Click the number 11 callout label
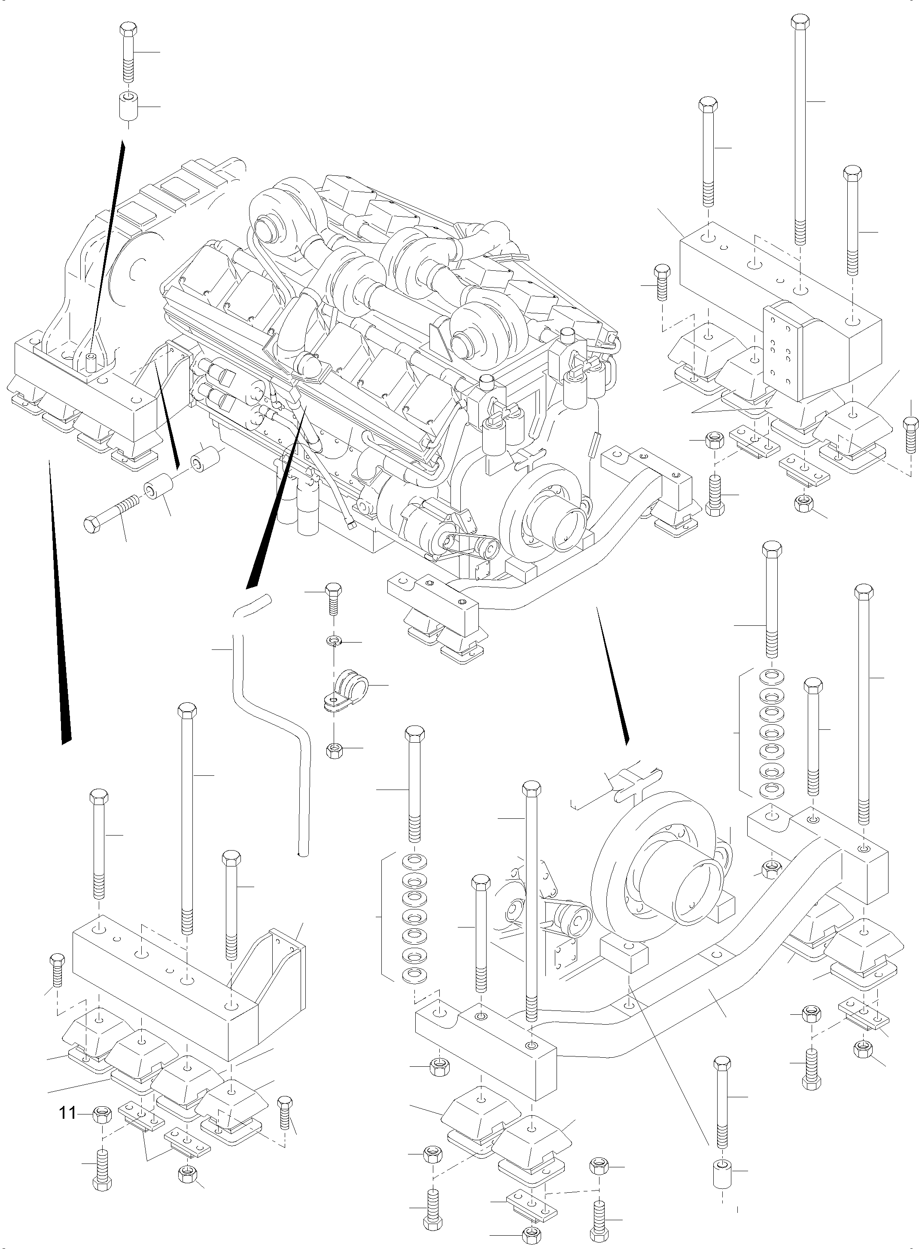coord(67,1113)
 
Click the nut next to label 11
coord(102,1113)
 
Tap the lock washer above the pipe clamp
coord(333,641)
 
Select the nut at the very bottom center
coord(531,1233)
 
